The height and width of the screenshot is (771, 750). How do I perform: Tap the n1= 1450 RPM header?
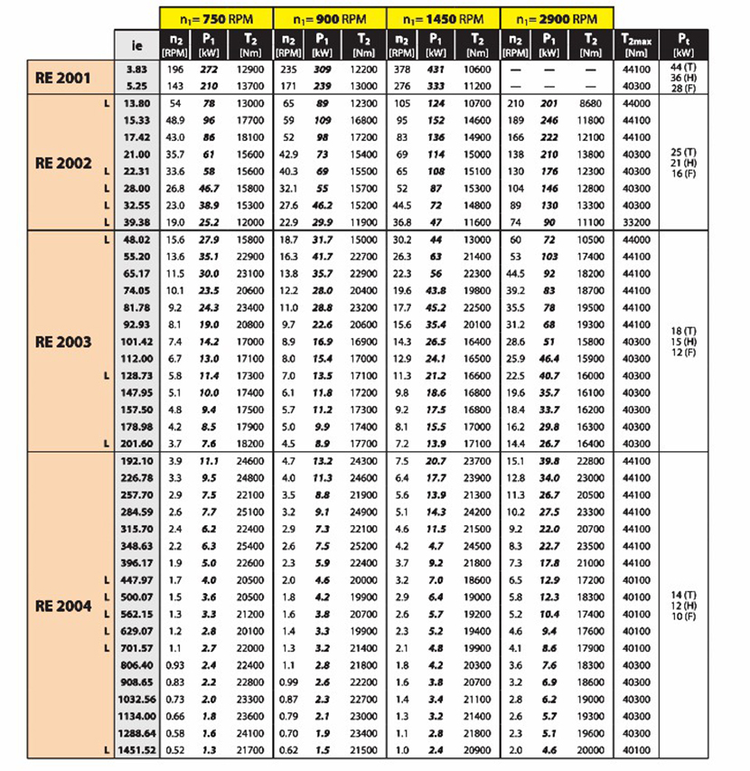pyautogui.click(x=445, y=18)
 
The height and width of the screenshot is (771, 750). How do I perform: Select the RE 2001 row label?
pyautogui.click(x=63, y=79)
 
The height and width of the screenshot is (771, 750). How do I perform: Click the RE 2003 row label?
pyautogui.click(x=63, y=343)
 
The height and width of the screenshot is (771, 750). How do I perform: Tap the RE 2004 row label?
pyautogui.click(x=63, y=606)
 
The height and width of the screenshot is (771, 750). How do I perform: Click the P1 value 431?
pyautogui.click(x=436, y=71)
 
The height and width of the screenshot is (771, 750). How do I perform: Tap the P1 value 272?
pyautogui.click(x=209, y=71)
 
